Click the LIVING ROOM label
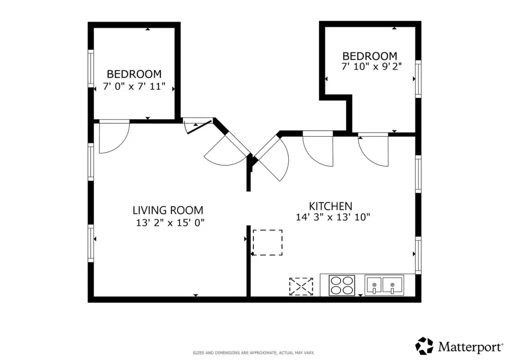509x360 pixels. point(168,210)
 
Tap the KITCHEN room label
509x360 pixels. point(331,206)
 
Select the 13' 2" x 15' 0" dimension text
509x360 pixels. point(170,223)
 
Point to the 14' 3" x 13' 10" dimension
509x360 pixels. point(333,217)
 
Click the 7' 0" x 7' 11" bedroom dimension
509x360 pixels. point(134,87)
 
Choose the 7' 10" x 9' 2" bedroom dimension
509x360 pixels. point(371,66)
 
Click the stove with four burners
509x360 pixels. point(342,285)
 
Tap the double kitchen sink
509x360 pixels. point(384,285)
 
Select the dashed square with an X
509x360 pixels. point(301,286)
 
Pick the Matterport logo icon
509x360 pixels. point(424,346)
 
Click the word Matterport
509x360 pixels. point(469,347)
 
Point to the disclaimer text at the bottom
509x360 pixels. point(254,353)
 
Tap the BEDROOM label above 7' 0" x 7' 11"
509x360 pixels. point(134,74)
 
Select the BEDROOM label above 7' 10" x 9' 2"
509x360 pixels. point(370,56)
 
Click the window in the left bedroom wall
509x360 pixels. point(91,69)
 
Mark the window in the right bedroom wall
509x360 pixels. point(419,79)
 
